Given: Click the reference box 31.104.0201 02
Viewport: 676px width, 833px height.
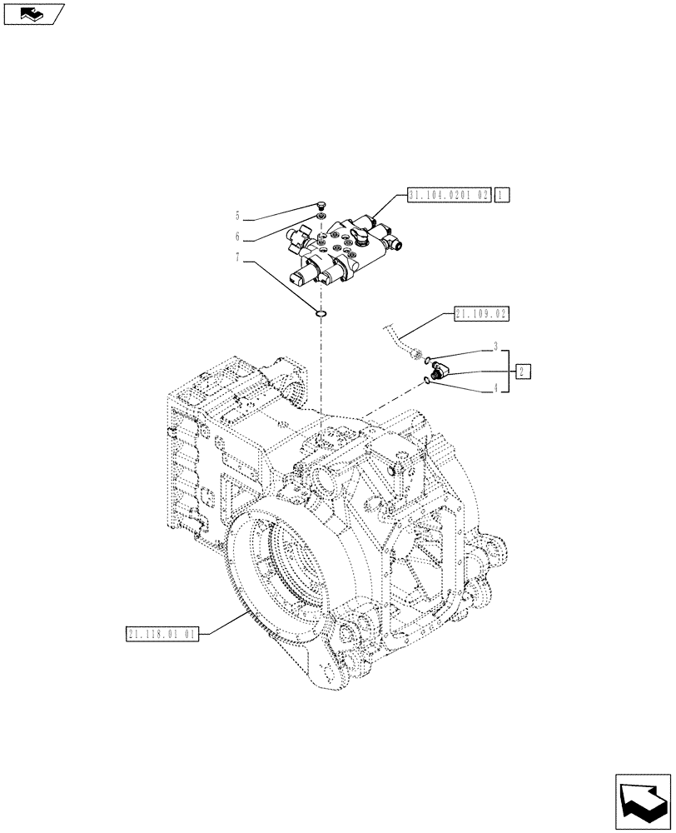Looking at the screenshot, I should point(449,196).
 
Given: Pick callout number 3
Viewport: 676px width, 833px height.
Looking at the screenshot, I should point(495,346).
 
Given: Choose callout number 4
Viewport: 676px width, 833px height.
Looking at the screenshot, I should point(495,388).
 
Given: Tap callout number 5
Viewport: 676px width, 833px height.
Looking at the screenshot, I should point(237,214).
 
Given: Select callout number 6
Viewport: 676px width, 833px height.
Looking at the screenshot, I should point(237,236).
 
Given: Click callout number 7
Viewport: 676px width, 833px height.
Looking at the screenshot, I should point(237,260).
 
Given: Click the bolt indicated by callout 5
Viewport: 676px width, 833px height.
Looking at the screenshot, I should point(321,206).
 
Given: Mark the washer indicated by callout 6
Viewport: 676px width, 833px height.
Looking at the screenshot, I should point(321,219).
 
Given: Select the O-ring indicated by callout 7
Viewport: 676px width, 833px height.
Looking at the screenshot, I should point(321,314).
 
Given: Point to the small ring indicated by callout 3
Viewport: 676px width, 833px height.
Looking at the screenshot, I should point(427,361).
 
